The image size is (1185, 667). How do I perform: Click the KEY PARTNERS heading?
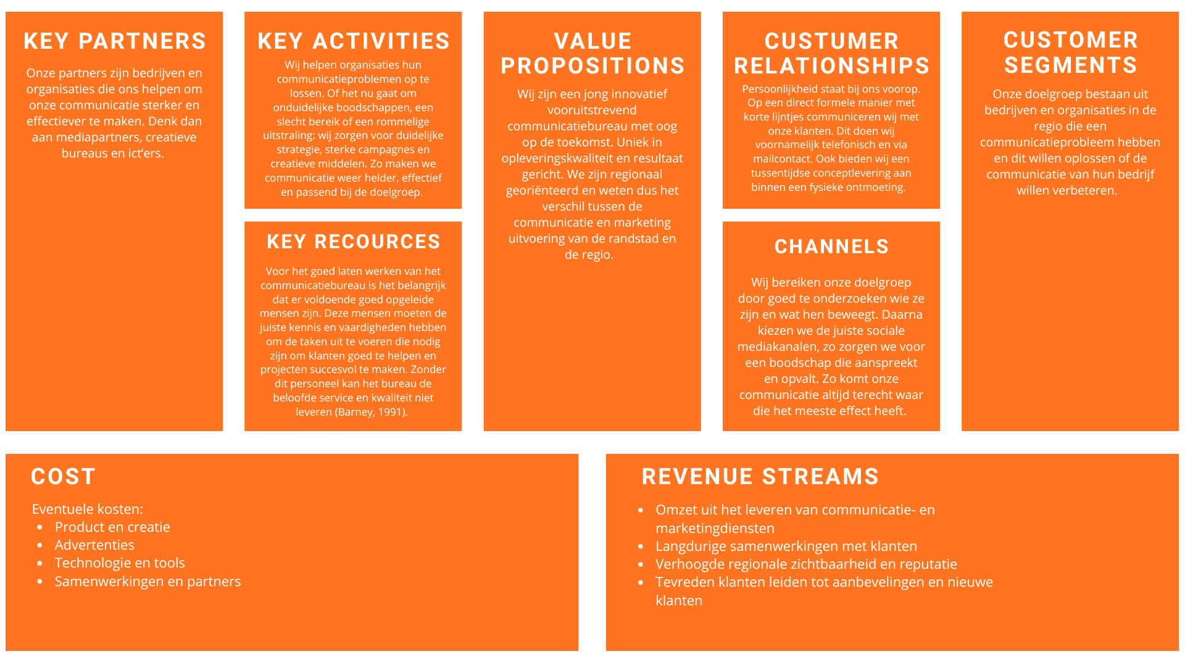115,41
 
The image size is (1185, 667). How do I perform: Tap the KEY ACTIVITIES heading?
354,41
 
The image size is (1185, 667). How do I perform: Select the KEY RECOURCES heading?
354,241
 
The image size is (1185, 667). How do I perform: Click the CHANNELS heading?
831,246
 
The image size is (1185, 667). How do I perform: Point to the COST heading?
64,476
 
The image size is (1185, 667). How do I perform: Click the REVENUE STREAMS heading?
760,476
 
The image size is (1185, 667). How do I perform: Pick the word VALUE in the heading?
592,41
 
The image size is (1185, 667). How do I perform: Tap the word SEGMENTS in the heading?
1070,65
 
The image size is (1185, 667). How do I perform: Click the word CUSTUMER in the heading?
831,41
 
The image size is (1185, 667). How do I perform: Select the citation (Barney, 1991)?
371,412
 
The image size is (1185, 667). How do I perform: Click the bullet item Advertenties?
94,545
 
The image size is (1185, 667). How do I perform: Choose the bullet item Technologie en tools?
120,563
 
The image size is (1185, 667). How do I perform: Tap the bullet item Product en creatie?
112,527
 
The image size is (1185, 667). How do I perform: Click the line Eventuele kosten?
88,509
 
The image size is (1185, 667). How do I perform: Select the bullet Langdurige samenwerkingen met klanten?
786,546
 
